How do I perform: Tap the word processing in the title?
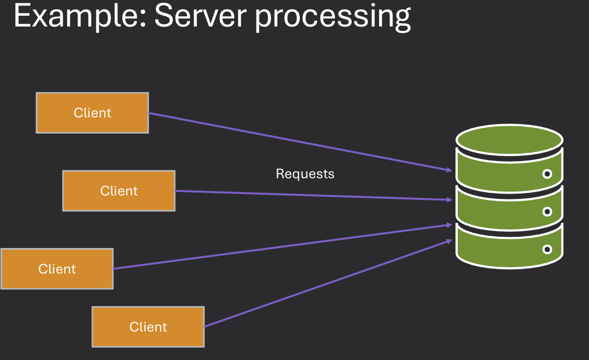[x=332, y=18]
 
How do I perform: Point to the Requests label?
[x=305, y=174]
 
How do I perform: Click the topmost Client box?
[x=92, y=113]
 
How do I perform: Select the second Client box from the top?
[x=119, y=191]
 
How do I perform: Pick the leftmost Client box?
[x=57, y=269]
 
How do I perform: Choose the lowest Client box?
[x=148, y=327]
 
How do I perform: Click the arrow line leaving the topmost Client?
[x=295, y=141]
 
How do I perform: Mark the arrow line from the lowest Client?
[x=324, y=284]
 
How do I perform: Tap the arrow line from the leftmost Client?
[x=280, y=247]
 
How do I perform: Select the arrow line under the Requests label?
[x=309, y=195]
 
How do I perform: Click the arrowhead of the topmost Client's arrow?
[x=449, y=170]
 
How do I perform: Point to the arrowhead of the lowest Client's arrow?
[x=449, y=241]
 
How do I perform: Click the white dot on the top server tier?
[x=547, y=174]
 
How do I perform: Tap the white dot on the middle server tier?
[x=547, y=212]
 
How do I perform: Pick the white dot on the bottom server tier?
[x=547, y=249]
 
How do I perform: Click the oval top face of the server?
[x=509, y=139]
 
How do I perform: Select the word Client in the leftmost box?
[x=57, y=269]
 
